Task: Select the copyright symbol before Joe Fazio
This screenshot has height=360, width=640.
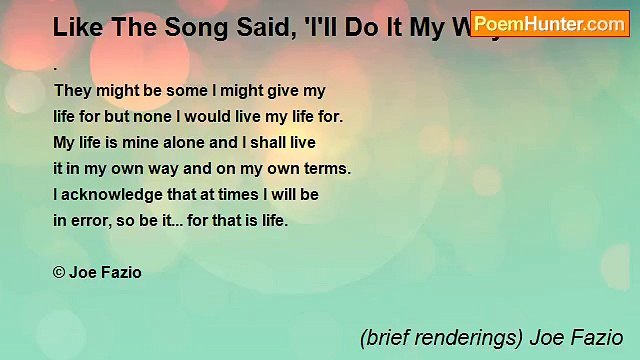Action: coord(59,272)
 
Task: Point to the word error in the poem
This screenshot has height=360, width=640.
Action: coord(92,220)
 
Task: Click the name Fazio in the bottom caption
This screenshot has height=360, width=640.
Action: coord(598,338)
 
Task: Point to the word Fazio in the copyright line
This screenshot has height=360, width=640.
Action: coord(121,272)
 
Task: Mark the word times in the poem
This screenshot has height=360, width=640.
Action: coord(216,194)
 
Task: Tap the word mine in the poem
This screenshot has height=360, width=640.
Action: coord(146,142)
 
